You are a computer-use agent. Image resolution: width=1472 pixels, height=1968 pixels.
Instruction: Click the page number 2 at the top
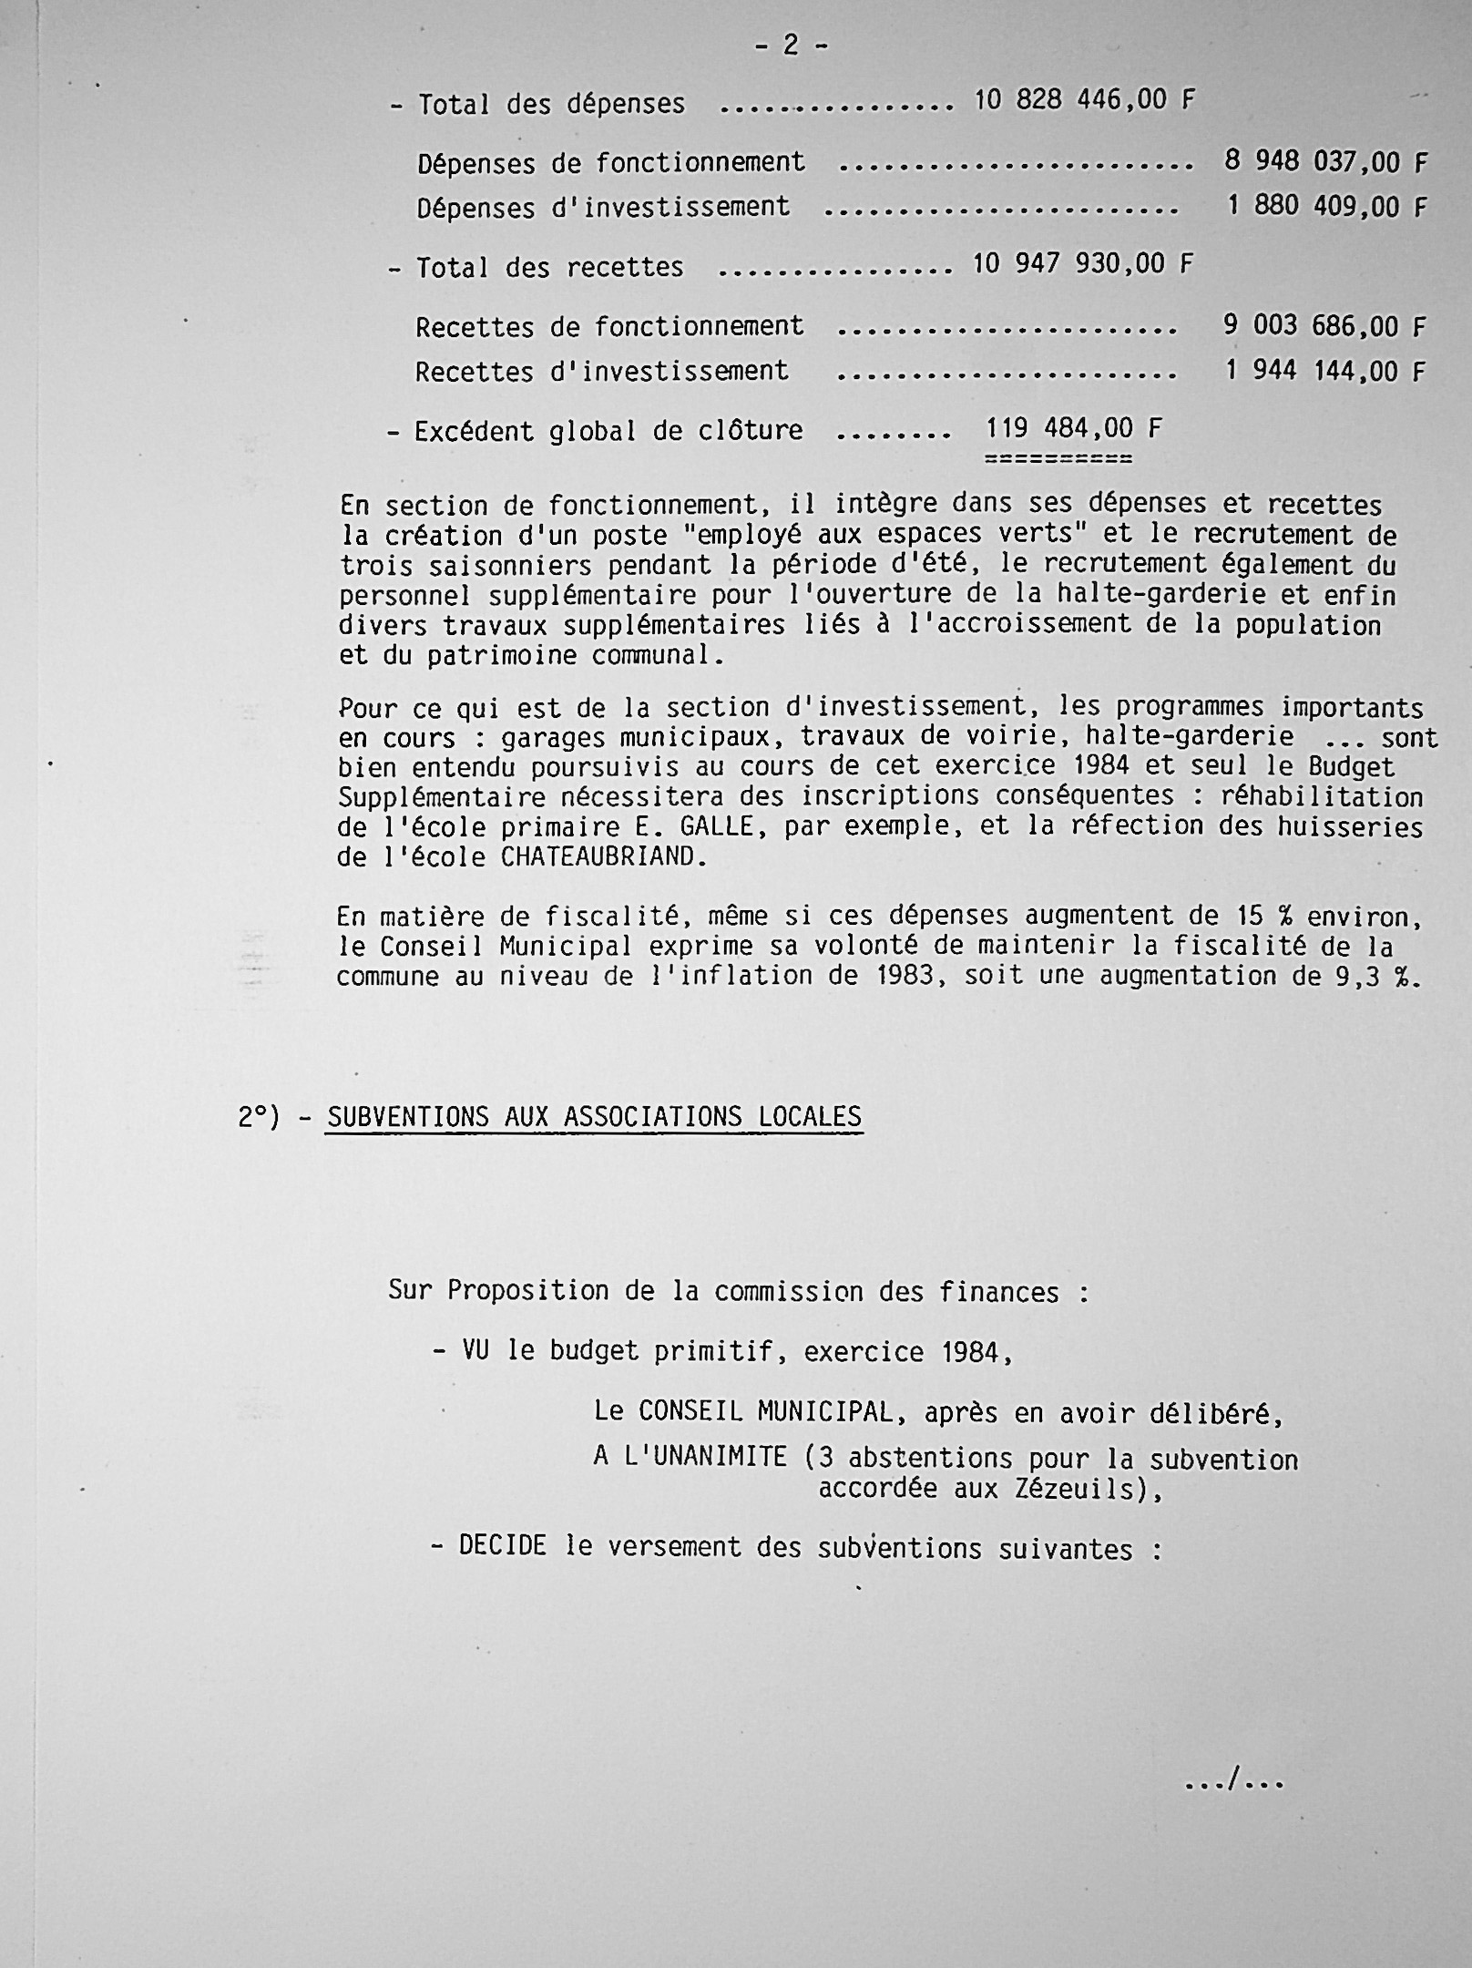point(791,46)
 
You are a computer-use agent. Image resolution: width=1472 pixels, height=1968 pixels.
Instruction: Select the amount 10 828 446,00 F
point(1083,100)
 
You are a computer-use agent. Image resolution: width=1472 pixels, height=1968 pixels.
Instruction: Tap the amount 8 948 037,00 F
point(1324,162)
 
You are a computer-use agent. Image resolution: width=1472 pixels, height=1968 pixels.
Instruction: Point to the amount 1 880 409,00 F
point(1325,207)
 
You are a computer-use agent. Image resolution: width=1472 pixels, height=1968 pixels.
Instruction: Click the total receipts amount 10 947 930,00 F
point(1082,264)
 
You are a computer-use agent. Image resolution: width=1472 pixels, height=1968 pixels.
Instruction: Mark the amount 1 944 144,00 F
point(1324,372)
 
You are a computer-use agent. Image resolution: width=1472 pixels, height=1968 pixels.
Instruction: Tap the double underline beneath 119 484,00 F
point(1058,458)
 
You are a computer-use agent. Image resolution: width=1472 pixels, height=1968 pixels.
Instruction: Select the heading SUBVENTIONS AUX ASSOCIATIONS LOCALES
point(594,1117)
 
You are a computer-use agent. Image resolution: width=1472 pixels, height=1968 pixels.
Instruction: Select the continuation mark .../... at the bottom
point(1233,1781)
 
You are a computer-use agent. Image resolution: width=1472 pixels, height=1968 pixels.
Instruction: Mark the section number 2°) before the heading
point(259,1117)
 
